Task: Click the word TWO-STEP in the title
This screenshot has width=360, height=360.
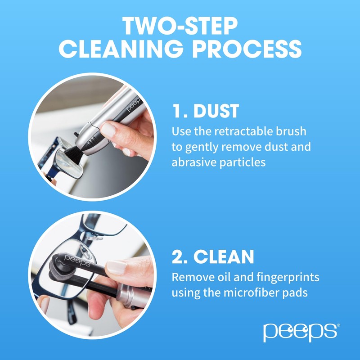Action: pos(180,27)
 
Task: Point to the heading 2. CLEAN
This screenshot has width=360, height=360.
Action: pos(213,256)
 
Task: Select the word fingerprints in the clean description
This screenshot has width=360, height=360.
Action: pos(282,277)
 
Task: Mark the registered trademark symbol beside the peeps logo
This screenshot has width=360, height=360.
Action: pos(338,325)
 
